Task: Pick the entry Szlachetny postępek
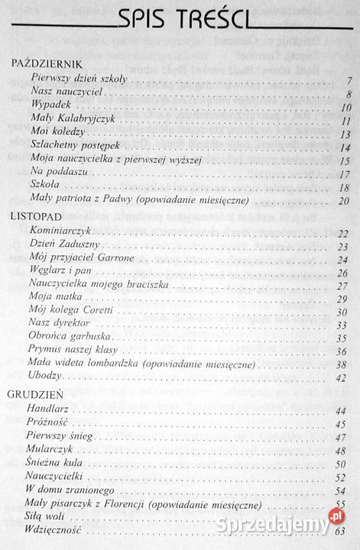tap(75, 147)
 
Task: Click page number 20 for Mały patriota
tap(343, 202)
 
